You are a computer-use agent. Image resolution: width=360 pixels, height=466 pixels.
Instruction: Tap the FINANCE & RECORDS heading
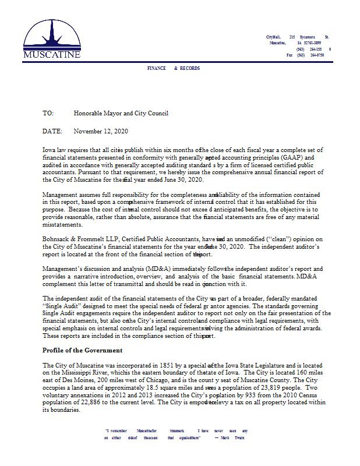[174, 69]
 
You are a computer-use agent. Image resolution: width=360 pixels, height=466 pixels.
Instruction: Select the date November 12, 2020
[101, 132]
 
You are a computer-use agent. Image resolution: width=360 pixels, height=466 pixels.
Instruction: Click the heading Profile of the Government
[82, 350]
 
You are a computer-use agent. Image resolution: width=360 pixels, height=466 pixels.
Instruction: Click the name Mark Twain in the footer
[230, 437]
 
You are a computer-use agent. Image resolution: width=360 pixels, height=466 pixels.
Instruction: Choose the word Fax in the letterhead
[290, 55]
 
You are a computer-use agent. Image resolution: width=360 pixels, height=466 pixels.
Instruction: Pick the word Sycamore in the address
[307, 37]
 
